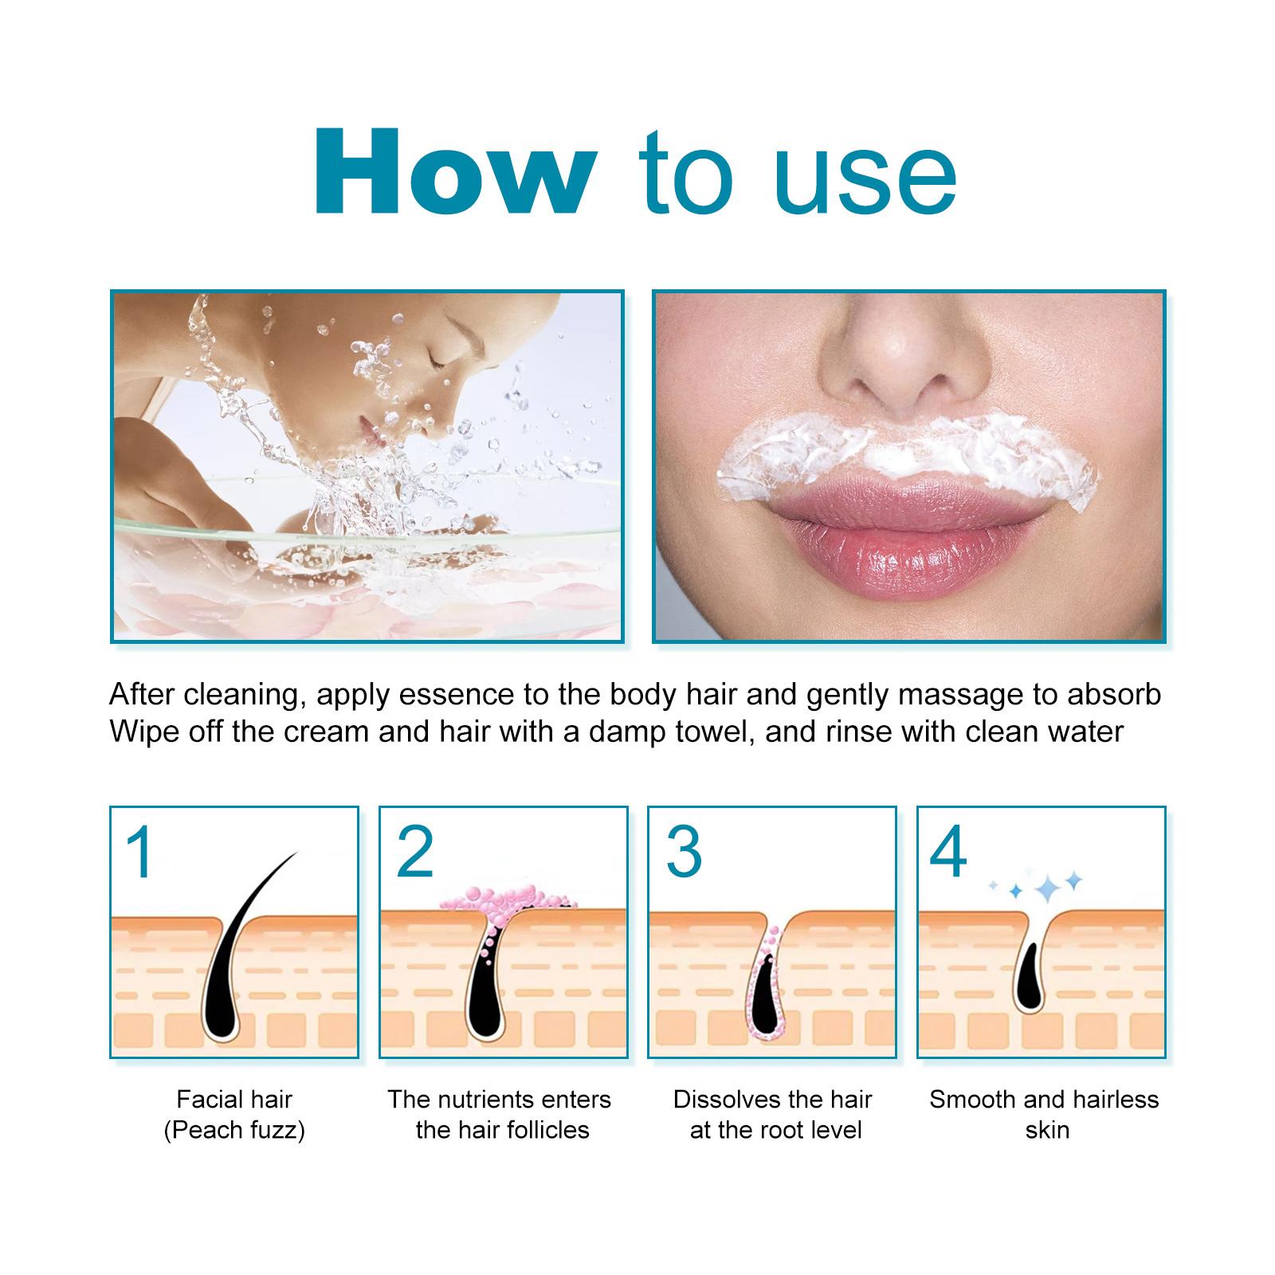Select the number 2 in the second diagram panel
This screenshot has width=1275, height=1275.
click(414, 853)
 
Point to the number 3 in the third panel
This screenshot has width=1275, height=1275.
click(684, 853)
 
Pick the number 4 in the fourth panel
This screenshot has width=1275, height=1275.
click(948, 853)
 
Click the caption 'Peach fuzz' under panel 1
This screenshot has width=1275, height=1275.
click(234, 1130)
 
